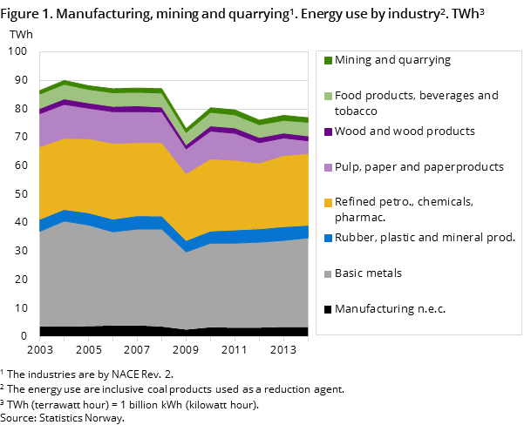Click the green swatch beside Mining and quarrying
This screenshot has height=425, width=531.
(328, 61)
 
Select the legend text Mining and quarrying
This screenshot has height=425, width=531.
(392, 61)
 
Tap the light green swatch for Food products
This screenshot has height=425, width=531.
(328, 96)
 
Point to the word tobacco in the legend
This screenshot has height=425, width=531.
(356, 111)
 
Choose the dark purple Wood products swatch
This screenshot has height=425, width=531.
(328, 132)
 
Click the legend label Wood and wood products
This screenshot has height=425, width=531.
(405, 132)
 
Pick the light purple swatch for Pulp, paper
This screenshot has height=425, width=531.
(328, 167)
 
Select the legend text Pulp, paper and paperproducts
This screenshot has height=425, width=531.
(419, 167)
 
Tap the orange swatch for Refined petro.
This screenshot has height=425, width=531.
(328, 202)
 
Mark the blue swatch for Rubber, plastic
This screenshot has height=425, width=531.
(328, 238)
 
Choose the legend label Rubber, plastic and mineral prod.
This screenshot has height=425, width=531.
(425, 238)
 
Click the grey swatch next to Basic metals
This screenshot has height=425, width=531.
(328, 273)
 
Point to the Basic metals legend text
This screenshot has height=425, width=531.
(368, 273)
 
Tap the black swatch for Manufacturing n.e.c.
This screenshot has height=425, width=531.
(328, 309)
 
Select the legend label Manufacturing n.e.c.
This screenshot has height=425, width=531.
(390, 309)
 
